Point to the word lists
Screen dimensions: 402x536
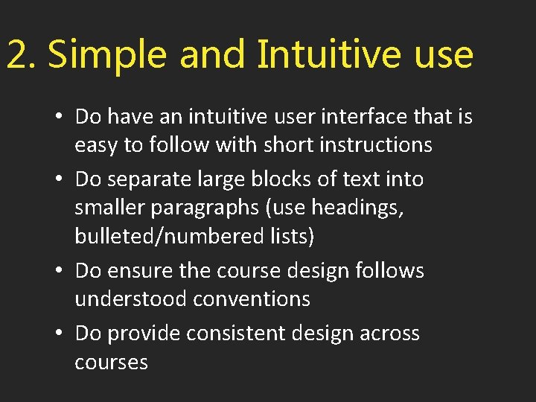click(x=294, y=236)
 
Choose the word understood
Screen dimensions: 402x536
click(x=130, y=299)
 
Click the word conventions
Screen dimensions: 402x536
click(x=252, y=299)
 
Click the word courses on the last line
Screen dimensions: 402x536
click(x=112, y=362)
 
